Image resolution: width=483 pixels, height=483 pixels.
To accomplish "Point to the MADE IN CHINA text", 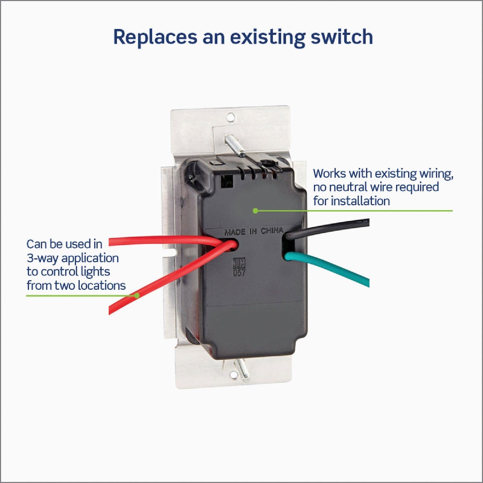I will [x=253, y=231].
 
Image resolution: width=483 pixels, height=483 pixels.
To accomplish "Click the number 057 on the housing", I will [x=239, y=272].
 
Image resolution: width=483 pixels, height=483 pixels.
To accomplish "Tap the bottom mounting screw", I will [x=243, y=369].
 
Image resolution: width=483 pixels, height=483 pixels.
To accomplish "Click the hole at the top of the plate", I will [x=231, y=117].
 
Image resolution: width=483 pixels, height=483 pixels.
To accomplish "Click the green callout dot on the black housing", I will [x=255, y=210].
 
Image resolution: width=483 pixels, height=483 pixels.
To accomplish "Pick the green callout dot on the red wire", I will [x=137, y=295].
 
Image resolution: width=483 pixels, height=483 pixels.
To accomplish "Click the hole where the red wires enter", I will [x=233, y=244].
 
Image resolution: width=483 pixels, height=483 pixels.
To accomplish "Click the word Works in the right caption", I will [x=329, y=173].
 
